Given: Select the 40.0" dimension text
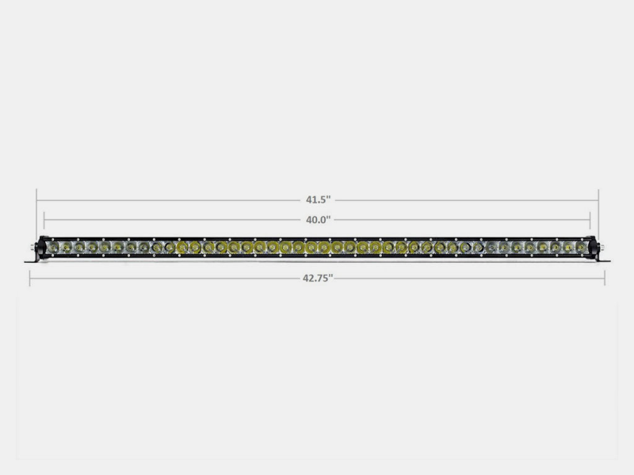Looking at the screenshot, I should coord(317,219).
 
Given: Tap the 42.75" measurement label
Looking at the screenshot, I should coord(317,277).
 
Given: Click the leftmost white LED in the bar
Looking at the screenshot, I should coord(53,248).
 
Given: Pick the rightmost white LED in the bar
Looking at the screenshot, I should coord(581,248).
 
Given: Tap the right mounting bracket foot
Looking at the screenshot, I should coord(600,260).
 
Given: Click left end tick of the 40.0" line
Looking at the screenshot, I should coord(44,219).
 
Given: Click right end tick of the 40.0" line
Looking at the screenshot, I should coord(590,219).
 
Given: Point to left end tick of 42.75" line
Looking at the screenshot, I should coord(30,277).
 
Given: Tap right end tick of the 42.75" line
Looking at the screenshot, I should coord(605,277).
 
